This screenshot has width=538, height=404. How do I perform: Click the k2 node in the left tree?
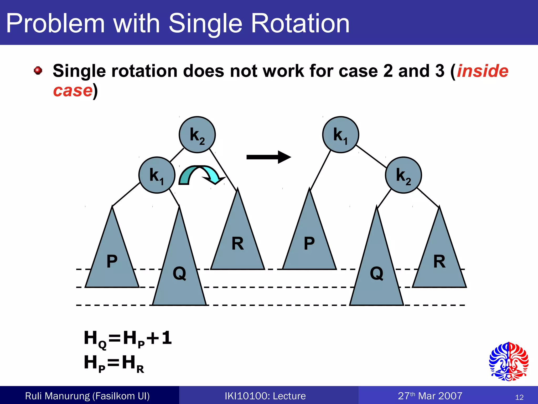tap(197, 135)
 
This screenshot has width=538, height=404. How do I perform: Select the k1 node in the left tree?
tap(157, 175)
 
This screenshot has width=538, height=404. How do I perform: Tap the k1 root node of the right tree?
tap(340, 135)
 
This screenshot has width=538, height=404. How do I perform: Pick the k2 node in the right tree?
tap(403, 175)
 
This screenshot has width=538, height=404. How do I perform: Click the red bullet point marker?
tap(38, 70)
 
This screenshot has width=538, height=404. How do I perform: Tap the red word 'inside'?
tap(483, 71)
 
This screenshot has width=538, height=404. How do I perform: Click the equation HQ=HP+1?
tap(128, 339)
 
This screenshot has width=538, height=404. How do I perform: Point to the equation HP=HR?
tap(114, 363)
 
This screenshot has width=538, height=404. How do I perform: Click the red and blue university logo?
tap(509, 361)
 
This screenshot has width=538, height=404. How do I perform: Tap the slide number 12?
tap(519, 397)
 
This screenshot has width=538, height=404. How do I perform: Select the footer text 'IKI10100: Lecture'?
tap(265, 396)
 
